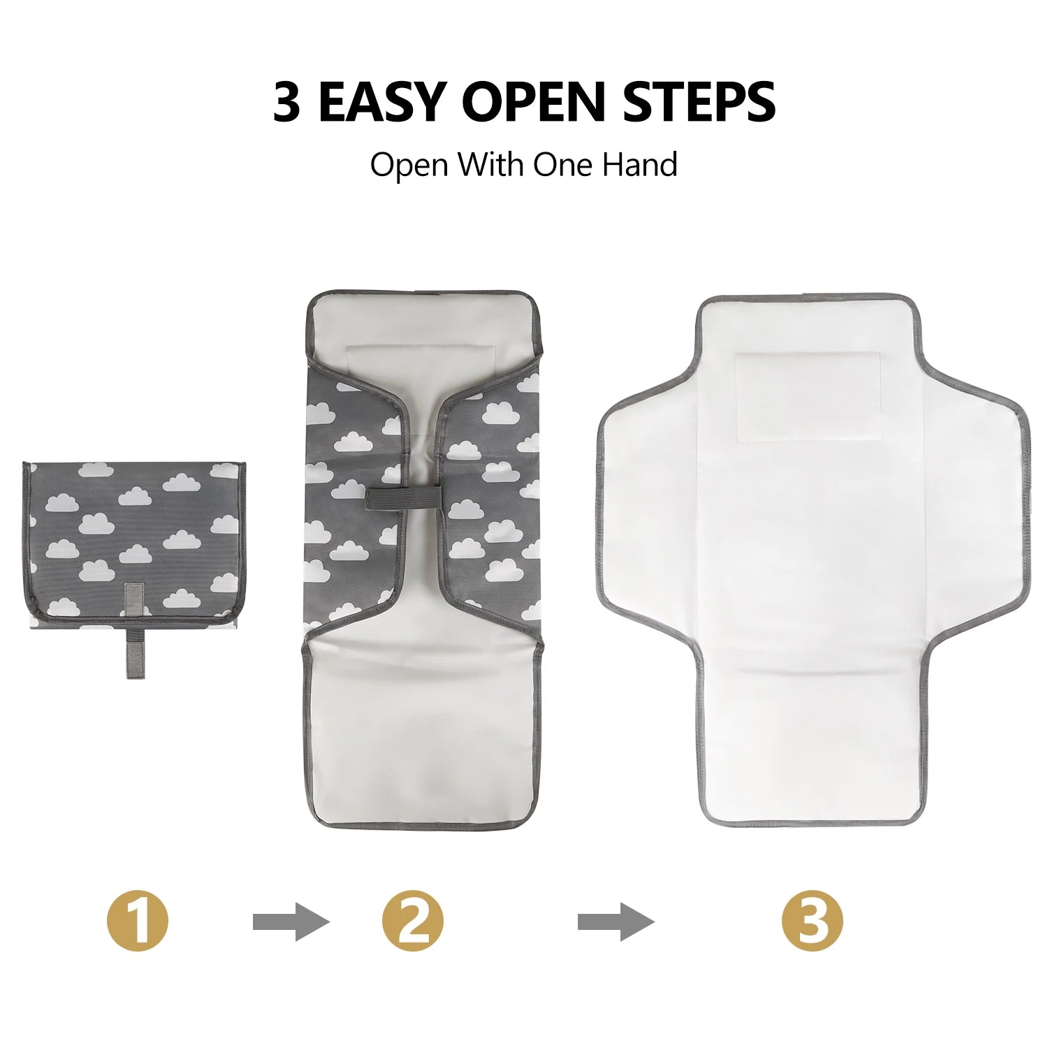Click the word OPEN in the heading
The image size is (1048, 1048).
(x=533, y=102)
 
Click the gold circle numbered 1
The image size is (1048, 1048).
(x=138, y=921)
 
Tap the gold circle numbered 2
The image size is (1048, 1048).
(x=413, y=921)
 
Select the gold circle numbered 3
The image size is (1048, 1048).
(x=813, y=921)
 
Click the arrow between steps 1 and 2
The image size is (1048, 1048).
(x=291, y=922)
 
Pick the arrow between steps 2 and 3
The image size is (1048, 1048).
(x=616, y=922)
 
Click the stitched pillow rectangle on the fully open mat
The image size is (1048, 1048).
(x=808, y=398)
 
